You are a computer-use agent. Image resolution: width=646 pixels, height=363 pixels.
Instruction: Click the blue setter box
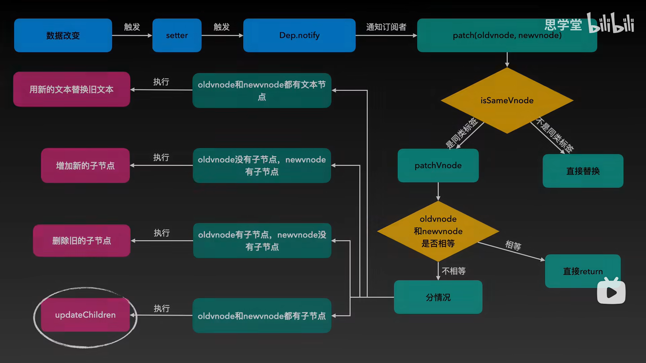pos(177,35)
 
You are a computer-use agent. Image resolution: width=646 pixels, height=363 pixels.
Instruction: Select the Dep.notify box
pos(299,35)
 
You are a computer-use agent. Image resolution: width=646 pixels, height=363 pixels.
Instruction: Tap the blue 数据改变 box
pos(63,35)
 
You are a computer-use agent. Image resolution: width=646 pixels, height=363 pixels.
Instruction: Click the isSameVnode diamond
pos(507,100)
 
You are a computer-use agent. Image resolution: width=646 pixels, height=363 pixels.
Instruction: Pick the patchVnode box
pos(438,166)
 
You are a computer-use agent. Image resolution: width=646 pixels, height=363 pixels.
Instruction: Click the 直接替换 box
pos(583,171)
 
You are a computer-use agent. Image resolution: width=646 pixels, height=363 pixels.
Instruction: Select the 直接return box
pos(582,271)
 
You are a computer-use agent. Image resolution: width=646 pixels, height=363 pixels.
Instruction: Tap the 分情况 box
pos(438,297)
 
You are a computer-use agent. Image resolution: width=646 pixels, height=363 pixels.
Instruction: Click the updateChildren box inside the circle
pos(85,315)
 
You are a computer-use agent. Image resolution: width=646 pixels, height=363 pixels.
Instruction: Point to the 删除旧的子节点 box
pos(81,241)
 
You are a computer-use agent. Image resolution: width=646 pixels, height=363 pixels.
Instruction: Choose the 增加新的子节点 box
pos(85,166)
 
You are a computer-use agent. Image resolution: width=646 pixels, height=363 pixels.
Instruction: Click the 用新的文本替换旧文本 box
pos(71,89)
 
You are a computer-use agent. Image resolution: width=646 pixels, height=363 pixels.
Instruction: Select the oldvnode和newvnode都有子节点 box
pos(261,316)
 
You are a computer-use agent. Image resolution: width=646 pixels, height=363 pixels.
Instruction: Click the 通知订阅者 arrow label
pos(386,27)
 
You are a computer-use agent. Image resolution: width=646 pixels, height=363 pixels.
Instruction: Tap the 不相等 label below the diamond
pos(454,271)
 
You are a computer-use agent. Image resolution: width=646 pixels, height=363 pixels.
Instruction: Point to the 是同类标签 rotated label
pos(461,133)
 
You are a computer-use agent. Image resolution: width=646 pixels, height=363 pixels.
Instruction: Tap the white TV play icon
pos(611,291)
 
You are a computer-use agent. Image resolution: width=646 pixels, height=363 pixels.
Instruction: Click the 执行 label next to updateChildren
pos(161,308)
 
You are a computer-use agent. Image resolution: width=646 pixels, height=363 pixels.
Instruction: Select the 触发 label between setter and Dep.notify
pos(221,27)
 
